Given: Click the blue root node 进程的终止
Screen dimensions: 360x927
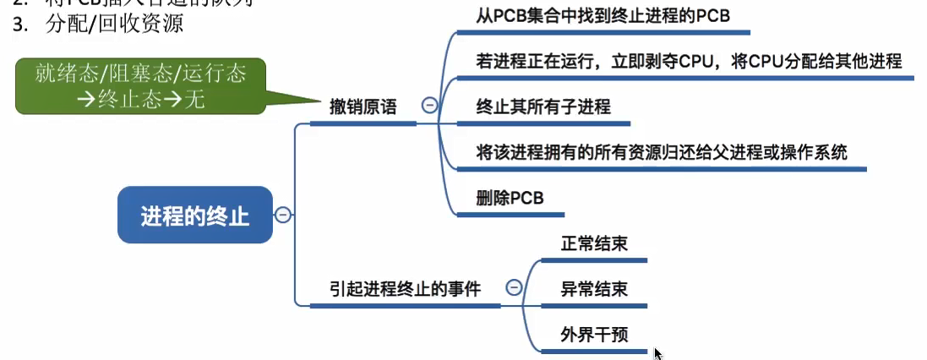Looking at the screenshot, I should pos(194,215).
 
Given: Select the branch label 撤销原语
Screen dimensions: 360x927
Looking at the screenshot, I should pos(363,107).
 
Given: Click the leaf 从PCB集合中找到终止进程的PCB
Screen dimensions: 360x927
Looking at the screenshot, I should pos(603,16).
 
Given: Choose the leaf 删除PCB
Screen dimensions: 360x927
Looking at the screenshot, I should pos(510,198).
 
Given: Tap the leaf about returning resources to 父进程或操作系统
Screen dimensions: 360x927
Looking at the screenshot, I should pos(662,153).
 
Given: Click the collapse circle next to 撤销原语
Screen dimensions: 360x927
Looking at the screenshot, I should pos(429,105).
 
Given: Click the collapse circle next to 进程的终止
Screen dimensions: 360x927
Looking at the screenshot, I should pos(283,215).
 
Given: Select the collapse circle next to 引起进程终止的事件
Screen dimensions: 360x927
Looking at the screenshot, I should pos(513,287).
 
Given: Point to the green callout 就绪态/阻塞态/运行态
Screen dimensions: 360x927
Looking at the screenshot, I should pos(140,85).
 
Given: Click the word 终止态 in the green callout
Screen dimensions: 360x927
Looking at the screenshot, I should pos(140,97).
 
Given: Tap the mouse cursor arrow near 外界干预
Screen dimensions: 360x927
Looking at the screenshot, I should pos(657,352).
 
